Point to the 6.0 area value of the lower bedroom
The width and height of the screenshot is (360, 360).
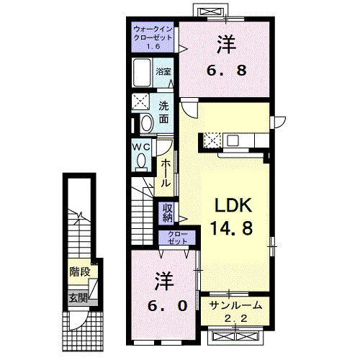point(164,305)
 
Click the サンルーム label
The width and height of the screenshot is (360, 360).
point(235,305)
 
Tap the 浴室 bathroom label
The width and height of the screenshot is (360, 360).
point(164,71)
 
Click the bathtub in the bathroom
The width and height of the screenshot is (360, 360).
point(142,73)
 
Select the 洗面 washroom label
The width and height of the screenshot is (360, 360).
point(164,111)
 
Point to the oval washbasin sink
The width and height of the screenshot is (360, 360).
point(146,123)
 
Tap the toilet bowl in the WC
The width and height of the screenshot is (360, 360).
point(141,160)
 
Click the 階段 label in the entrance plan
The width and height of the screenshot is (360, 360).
point(80,272)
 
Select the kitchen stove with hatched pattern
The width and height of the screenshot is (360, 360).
point(214,139)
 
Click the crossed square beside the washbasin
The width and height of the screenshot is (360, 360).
point(142,102)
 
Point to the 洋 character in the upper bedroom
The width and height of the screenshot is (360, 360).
point(224,45)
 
